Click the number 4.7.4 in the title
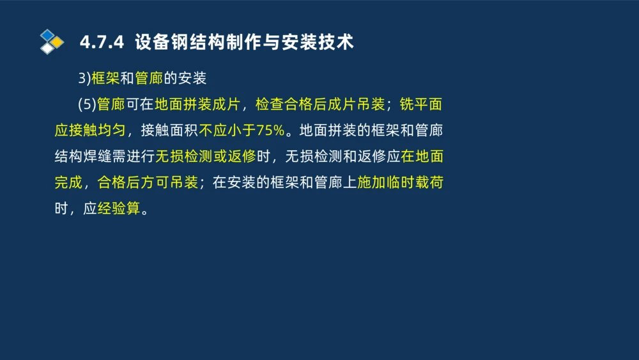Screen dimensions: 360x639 [102, 43]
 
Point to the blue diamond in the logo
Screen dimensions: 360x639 [47, 35]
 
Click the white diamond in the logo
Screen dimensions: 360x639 [47, 49]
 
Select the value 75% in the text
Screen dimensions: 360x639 [270, 130]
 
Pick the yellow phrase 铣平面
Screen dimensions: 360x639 [422, 104]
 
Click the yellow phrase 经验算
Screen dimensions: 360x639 [118, 208]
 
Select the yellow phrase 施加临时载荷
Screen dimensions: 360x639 [400, 182]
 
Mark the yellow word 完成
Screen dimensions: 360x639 [69, 182]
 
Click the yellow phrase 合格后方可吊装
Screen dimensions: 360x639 [148, 182]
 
